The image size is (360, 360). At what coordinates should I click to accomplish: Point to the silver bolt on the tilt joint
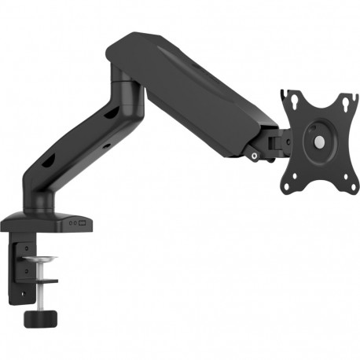click(255, 156)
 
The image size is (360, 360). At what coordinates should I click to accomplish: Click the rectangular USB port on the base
click(83, 223)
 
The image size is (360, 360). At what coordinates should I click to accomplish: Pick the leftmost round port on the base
click(69, 223)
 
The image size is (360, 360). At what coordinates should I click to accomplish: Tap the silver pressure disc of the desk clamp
click(39, 260)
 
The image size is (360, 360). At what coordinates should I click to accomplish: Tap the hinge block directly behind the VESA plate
click(274, 141)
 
